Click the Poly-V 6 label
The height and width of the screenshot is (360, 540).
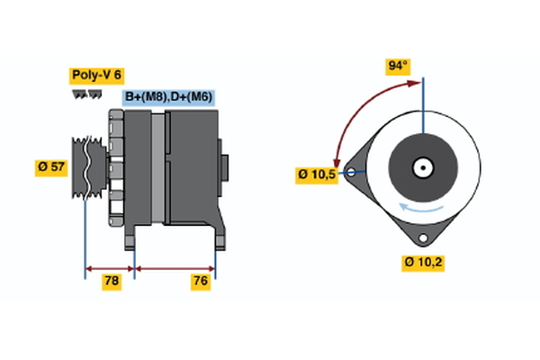pyautogui.click(x=95, y=76)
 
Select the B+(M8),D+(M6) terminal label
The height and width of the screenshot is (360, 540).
pyautogui.click(x=168, y=97)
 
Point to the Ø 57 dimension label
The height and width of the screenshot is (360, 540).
pyautogui.click(x=52, y=168)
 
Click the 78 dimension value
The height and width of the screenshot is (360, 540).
pyautogui.click(x=112, y=282)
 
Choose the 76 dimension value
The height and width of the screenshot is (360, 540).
pyautogui.click(x=201, y=282)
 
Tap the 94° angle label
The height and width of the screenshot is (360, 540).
pyautogui.click(x=397, y=66)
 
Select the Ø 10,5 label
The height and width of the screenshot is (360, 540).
pyautogui.click(x=317, y=174)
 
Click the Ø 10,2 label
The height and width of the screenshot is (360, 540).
pyautogui.click(x=423, y=263)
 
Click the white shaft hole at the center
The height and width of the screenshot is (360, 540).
pyautogui.click(x=420, y=167)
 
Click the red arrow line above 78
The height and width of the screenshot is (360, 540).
pyautogui.click(x=110, y=267)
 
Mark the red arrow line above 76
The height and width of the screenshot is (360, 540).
pyautogui.click(x=175, y=267)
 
